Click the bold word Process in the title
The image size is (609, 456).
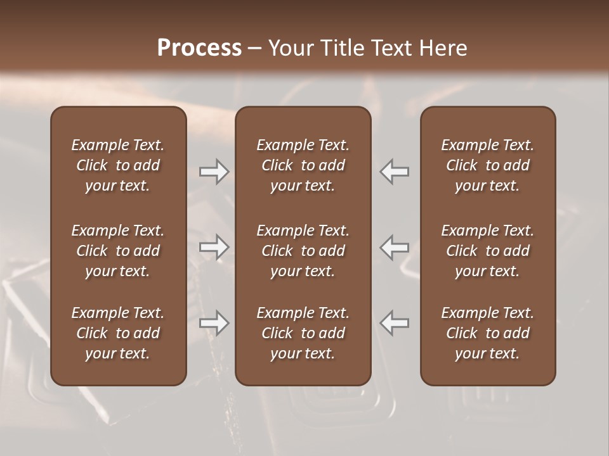pos(199,48)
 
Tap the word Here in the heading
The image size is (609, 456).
pos(443,48)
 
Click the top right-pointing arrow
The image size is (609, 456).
pos(214,171)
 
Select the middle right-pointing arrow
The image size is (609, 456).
pos(214,247)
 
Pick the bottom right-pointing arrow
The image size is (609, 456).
pos(214,323)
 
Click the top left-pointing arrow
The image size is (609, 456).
pos(394,171)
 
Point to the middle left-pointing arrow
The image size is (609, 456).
pos(394,247)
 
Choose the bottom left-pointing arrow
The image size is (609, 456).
pos(394,323)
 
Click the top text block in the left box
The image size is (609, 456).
pos(118,165)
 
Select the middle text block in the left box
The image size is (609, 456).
pos(118,251)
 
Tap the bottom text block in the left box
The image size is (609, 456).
pos(118,333)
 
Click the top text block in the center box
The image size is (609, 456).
pos(303,165)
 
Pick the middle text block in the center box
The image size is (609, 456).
pos(303,251)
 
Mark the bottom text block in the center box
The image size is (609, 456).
pos(303,333)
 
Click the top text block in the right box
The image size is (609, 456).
pos(487,165)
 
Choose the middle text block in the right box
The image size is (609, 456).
pos(487,251)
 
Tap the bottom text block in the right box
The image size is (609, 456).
pos(487,333)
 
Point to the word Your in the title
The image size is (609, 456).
pos(289,48)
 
